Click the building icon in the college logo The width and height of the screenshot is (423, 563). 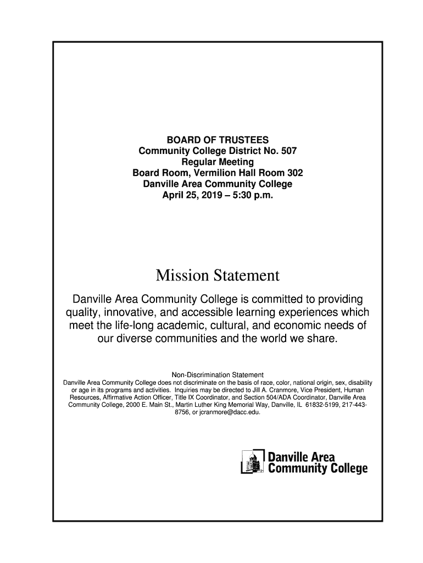click(x=252, y=462)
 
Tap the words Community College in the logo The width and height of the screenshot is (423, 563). click(x=318, y=468)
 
